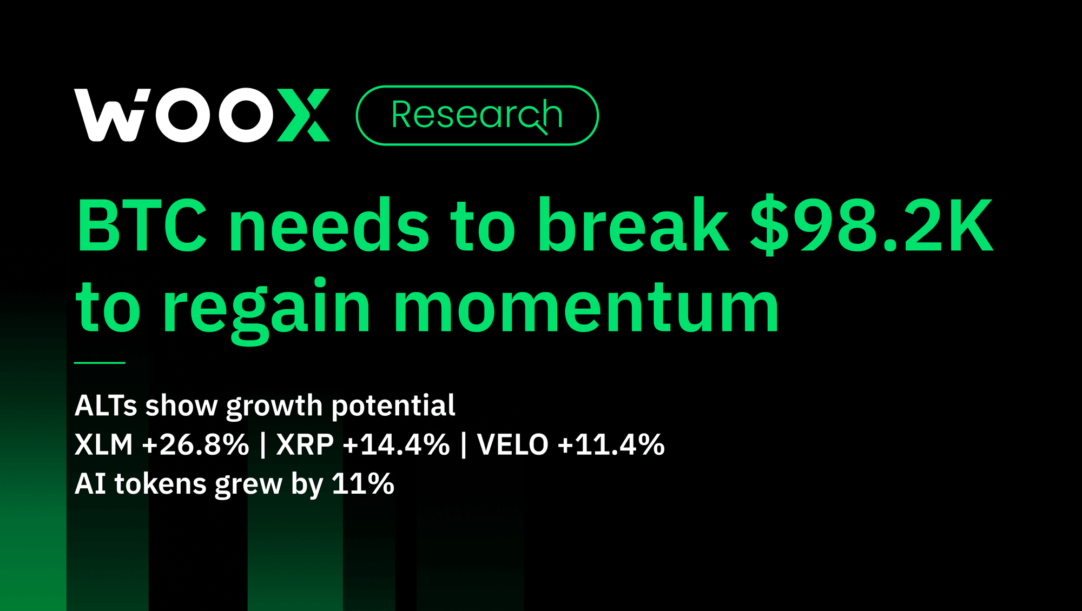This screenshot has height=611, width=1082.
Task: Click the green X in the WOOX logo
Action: (x=304, y=115)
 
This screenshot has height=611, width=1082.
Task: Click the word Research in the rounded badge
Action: (x=476, y=115)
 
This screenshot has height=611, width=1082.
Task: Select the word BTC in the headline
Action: (x=142, y=225)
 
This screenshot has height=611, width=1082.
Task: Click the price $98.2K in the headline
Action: (x=872, y=225)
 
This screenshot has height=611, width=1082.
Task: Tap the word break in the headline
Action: (x=633, y=225)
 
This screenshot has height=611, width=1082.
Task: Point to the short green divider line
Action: (x=100, y=363)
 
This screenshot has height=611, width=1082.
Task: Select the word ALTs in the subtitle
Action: (x=106, y=406)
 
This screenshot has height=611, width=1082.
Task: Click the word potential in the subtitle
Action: (x=393, y=406)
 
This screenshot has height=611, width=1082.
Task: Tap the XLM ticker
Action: (x=104, y=445)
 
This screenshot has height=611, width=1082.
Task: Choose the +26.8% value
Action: (x=195, y=445)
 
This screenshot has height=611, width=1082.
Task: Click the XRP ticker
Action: (x=305, y=445)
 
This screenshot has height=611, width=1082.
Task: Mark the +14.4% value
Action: (x=396, y=445)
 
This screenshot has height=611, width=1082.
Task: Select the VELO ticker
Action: (x=513, y=445)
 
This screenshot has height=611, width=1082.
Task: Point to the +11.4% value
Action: (x=611, y=445)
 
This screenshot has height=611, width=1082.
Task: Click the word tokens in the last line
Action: (x=161, y=484)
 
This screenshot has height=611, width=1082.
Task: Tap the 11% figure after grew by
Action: (x=363, y=484)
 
